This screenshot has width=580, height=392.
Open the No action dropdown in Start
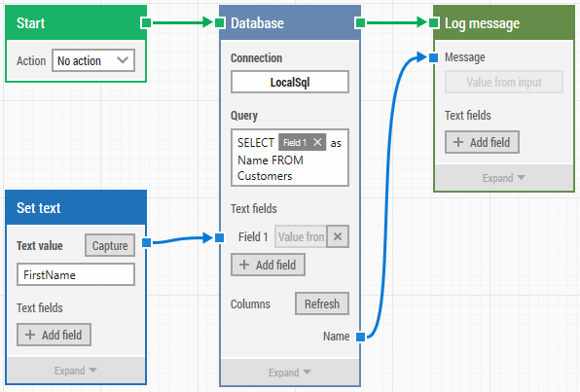93,60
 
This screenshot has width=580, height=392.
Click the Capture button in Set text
110,245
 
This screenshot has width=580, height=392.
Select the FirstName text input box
76,274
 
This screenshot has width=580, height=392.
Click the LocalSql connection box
290,82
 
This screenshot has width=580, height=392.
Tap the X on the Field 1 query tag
317,142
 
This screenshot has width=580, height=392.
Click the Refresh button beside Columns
322,303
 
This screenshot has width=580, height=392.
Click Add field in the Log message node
482,142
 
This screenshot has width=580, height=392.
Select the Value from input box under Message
504,82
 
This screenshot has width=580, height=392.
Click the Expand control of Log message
503,178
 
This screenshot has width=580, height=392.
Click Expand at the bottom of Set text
75,371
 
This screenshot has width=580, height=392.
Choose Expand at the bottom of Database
290,373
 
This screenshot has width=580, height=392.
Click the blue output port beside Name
360,337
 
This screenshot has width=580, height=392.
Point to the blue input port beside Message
433,57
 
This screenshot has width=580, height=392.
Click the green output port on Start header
146,23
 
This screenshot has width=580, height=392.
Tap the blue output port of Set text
147,242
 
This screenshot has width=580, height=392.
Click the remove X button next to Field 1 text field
338,236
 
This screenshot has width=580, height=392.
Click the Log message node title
482,23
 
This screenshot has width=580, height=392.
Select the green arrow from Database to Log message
397,22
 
